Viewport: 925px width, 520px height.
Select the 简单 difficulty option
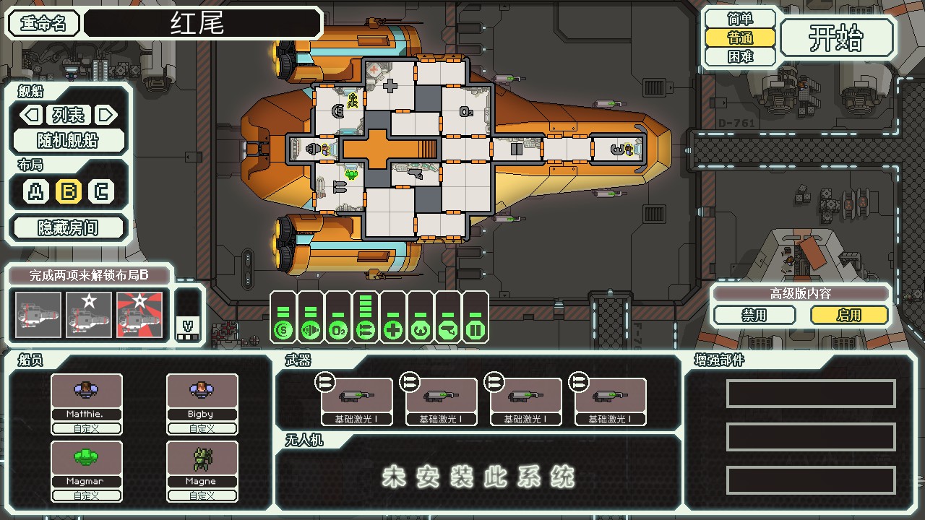coord(740,19)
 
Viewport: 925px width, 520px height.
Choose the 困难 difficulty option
coord(740,56)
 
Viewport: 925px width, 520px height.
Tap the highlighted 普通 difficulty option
coord(740,38)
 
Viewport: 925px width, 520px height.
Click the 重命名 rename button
coord(43,23)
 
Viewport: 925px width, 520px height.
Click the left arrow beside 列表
coord(30,115)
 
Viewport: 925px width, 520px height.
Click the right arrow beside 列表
coord(106,115)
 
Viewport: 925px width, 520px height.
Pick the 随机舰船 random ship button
coord(69,140)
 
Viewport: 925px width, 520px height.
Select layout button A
coord(35,191)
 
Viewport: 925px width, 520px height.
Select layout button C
coord(101,191)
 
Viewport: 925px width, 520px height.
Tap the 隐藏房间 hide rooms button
coord(69,228)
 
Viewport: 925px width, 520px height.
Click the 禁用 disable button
coord(754,316)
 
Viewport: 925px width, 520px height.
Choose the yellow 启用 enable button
coord(849,316)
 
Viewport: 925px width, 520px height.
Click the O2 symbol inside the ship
coord(467,112)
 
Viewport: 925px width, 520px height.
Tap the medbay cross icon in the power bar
coord(393,331)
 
